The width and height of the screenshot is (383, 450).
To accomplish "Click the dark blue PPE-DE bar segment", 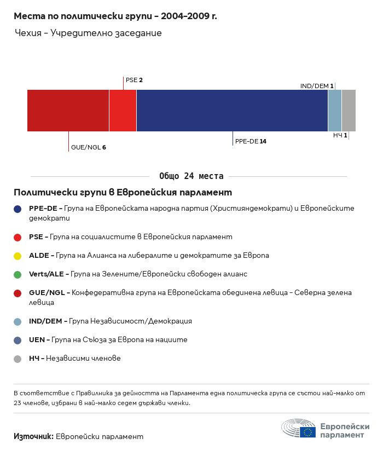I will pos(232,111).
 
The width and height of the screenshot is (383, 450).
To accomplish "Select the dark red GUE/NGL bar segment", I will pos(68,111).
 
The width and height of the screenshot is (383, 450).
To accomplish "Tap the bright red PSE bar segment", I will pos(123,111).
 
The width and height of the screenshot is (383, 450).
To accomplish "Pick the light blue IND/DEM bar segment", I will pos(335,111).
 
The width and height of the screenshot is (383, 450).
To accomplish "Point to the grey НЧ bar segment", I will pos(349,111).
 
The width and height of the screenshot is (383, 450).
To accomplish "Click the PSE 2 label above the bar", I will pos(134,80).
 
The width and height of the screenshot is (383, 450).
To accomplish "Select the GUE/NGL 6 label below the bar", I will pos(88,147).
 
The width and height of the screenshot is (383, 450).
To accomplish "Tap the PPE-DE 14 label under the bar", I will pos(251,141).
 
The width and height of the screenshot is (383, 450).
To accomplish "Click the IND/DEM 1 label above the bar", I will pos(317,86).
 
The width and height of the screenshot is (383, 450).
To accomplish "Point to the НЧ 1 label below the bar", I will pos(340,135).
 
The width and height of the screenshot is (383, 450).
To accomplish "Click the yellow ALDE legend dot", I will pos(18,256).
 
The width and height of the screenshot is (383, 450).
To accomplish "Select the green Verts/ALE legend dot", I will pos(18,274).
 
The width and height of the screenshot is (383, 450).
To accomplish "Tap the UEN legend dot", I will pos(18,340).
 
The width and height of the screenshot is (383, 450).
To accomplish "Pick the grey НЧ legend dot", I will pos(18,359).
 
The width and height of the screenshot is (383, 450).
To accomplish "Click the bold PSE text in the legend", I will pos(37,237).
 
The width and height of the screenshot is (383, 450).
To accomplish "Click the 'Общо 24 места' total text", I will pos(191,176).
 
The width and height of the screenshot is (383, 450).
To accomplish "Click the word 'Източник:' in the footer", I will pos(33,436).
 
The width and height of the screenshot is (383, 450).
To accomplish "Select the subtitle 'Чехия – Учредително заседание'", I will pos(88,33).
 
